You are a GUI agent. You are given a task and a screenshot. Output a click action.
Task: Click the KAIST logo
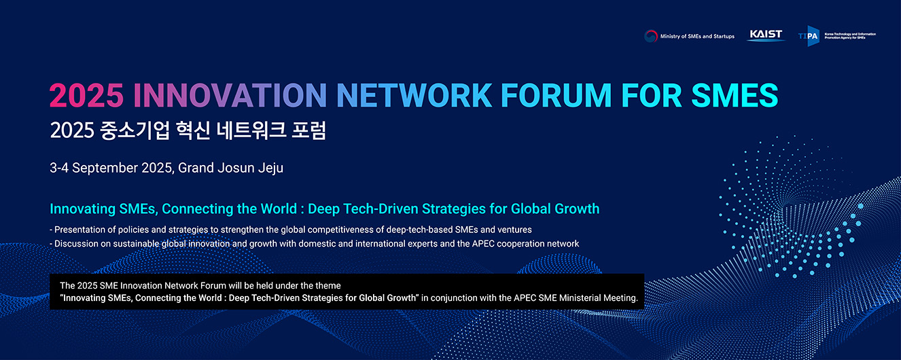[x=766, y=35]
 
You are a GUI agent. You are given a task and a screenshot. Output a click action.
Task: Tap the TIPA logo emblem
[x=809, y=36]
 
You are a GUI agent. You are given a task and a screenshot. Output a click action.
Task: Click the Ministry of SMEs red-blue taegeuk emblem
[x=650, y=36]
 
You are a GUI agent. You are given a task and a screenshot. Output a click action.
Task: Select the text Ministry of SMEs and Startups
[x=697, y=36]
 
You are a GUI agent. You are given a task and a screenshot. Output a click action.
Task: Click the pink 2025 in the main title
[x=86, y=96]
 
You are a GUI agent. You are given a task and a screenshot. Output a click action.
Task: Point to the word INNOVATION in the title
[x=230, y=96]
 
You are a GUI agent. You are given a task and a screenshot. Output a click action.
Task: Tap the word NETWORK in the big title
[x=414, y=96]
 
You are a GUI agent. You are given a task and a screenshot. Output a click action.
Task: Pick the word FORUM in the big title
[x=556, y=96]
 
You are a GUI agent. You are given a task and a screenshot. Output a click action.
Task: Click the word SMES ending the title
[x=735, y=96]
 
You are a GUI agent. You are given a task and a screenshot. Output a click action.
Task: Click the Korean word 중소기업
[x=135, y=130]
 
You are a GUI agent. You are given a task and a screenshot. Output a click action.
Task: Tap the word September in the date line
[x=105, y=168]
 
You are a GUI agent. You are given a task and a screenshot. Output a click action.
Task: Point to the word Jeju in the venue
[x=270, y=168]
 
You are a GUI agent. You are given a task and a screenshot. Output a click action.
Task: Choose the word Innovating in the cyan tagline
[x=82, y=209]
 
